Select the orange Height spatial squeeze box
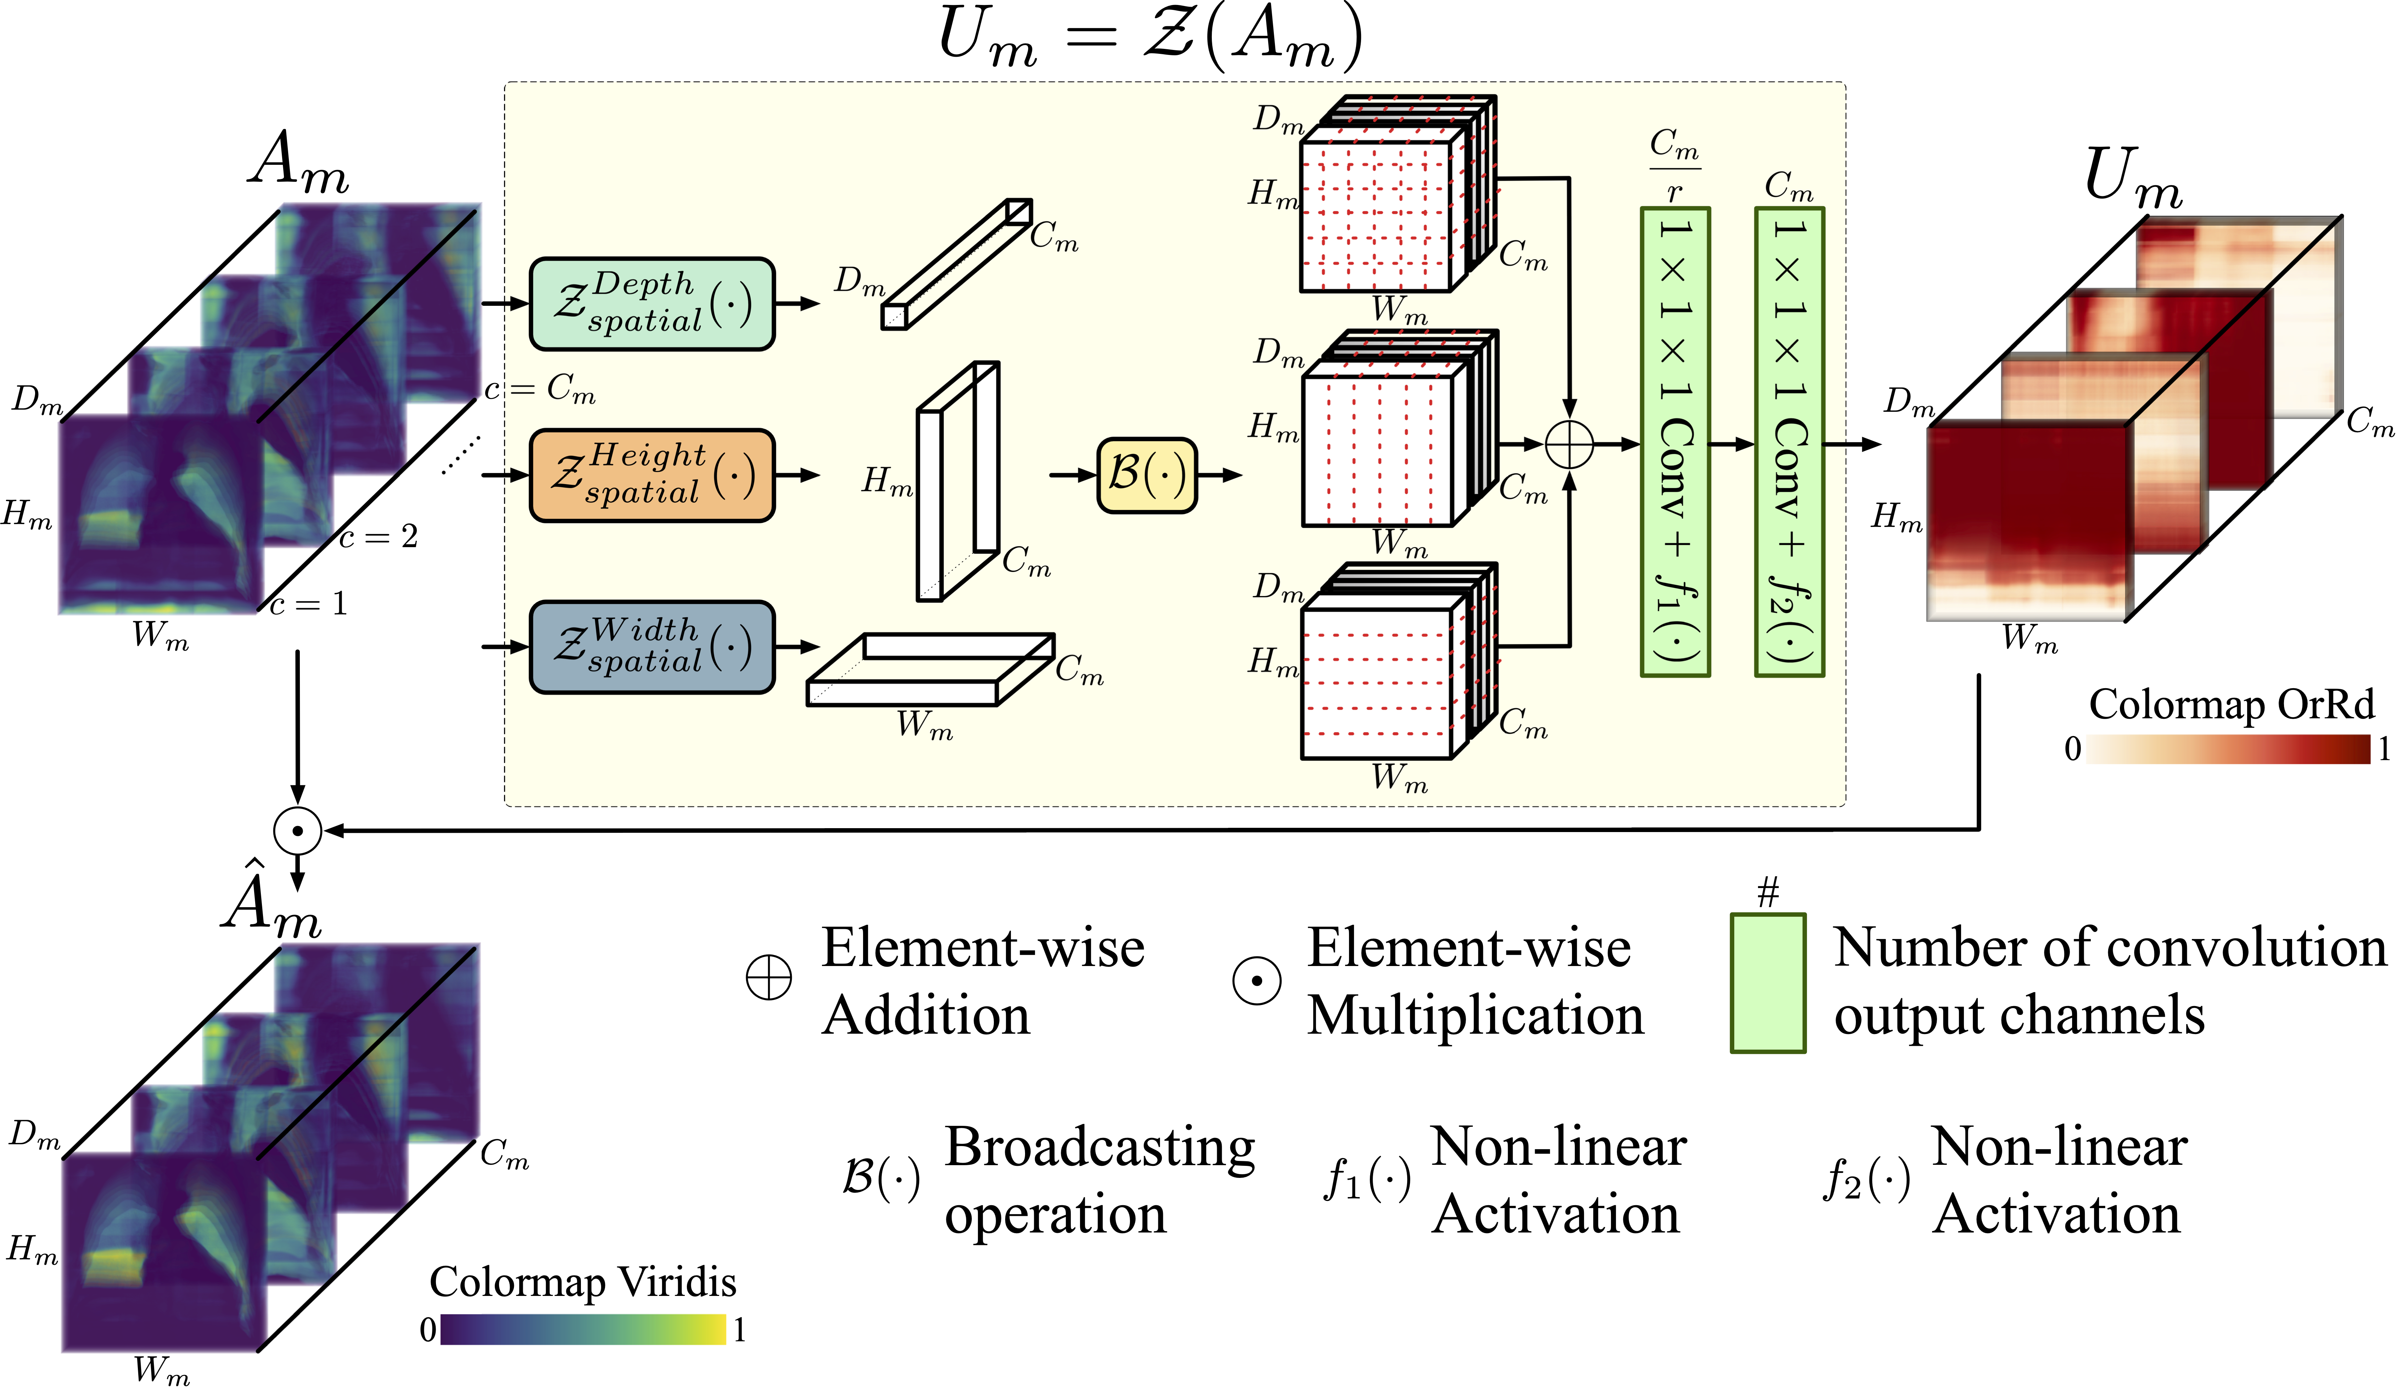click(652, 475)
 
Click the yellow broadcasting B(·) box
click(1147, 475)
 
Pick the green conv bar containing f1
click(1675, 442)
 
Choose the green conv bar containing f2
click(1790, 442)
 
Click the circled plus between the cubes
click(1569, 444)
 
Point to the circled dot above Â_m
click(298, 831)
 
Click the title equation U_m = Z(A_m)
click(1151, 38)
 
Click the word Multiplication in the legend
click(1475, 1015)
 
